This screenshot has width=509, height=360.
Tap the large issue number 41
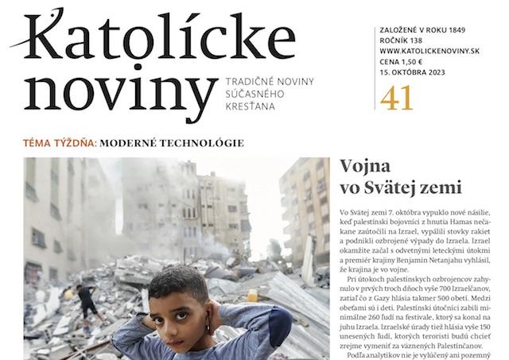pyautogui.click(x=397, y=98)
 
